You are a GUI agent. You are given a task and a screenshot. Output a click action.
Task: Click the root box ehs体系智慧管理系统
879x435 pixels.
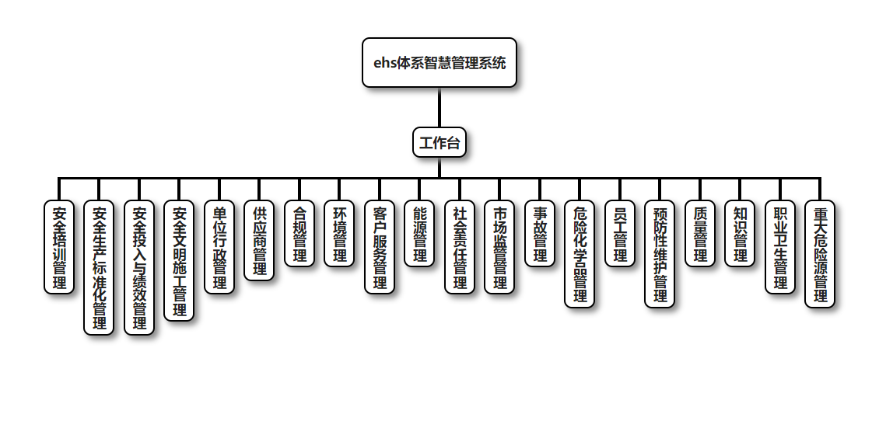(439, 63)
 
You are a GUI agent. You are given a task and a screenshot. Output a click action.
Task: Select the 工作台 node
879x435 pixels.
(439, 143)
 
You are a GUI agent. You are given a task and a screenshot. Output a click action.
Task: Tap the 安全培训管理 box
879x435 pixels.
(59, 247)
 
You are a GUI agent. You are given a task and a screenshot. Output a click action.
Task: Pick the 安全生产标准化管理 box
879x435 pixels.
(100, 268)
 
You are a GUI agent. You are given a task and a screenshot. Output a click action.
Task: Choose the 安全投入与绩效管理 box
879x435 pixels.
(140, 268)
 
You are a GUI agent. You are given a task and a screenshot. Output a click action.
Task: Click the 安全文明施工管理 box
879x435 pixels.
(180, 261)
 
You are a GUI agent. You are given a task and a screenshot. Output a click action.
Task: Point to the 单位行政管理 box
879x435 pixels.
(219, 247)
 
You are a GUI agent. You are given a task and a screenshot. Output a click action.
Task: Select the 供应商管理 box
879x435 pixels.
(260, 240)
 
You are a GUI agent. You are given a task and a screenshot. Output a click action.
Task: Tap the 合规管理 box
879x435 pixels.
(299, 234)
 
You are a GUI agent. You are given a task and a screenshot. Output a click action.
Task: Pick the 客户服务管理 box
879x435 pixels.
(380, 247)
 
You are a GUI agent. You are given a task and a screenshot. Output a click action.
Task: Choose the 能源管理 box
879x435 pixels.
(420, 234)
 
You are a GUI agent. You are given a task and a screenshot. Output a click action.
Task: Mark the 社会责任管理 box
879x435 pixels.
(460, 247)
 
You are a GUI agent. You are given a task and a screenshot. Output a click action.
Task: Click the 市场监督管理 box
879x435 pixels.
(500, 247)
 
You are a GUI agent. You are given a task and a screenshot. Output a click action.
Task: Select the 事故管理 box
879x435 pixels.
(540, 234)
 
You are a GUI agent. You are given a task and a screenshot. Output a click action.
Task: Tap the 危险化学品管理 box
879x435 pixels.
(580, 254)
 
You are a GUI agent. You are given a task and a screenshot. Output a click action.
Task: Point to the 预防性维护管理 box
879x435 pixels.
(660, 254)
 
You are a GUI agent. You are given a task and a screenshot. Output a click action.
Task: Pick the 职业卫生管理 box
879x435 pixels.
(780, 247)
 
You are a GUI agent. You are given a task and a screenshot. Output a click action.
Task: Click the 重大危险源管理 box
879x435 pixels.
(820, 254)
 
